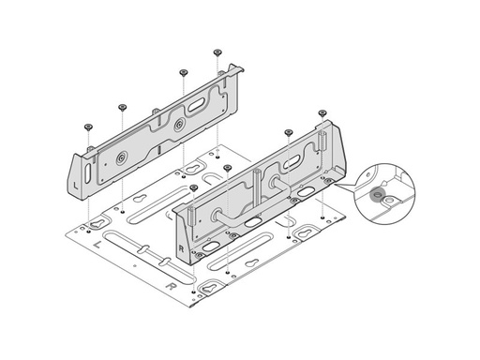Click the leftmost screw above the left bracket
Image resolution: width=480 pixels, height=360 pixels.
(88, 125)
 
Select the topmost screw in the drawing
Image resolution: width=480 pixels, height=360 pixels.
(217, 52)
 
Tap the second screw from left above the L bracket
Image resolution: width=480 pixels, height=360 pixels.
(123, 106)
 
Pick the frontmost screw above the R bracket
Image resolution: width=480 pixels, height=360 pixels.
(193, 187)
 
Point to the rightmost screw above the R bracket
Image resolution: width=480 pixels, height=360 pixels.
(322, 112)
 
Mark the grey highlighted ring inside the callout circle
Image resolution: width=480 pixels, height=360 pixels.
(378, 196)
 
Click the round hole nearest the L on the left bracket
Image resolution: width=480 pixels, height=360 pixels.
(119, 158)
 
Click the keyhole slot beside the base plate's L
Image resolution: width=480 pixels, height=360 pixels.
(97, 225)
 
